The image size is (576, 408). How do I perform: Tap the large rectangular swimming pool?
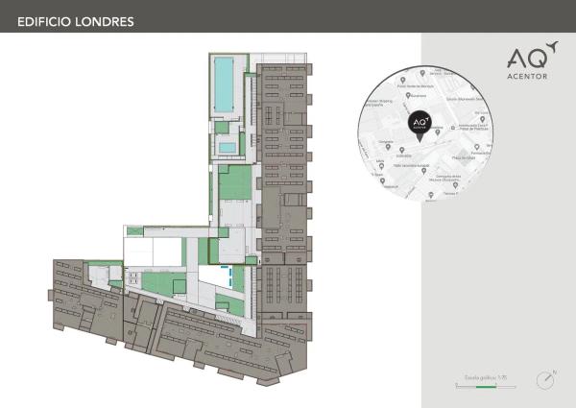pyautogui.click(x=224, y=83)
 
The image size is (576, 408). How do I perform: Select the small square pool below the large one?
pyautogui.click(x=227, y=147)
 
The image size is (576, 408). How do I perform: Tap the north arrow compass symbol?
pyautogui.click(x=545, y=380)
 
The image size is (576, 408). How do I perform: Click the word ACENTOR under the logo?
pyautogui.click(x=528, y=77)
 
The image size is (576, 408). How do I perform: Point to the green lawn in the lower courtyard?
pyautogui.click(x=154, y=283)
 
